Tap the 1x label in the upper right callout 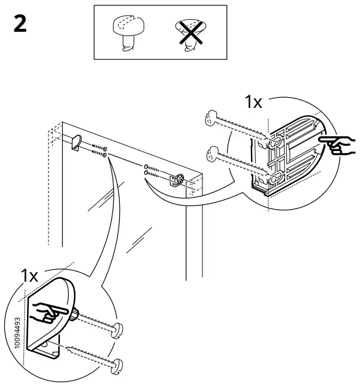click(x=253, y=102)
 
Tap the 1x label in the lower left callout click(x=29, y=276)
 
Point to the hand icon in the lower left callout click(x=50, y=312)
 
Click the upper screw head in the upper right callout click(x=210, y=119)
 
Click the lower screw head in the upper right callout click(x=210, y=156)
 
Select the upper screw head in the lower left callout click(x=118, y=330)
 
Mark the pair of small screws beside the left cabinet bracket click(x=99, y=150)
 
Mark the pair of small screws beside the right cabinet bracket click(x=152, y=171)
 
